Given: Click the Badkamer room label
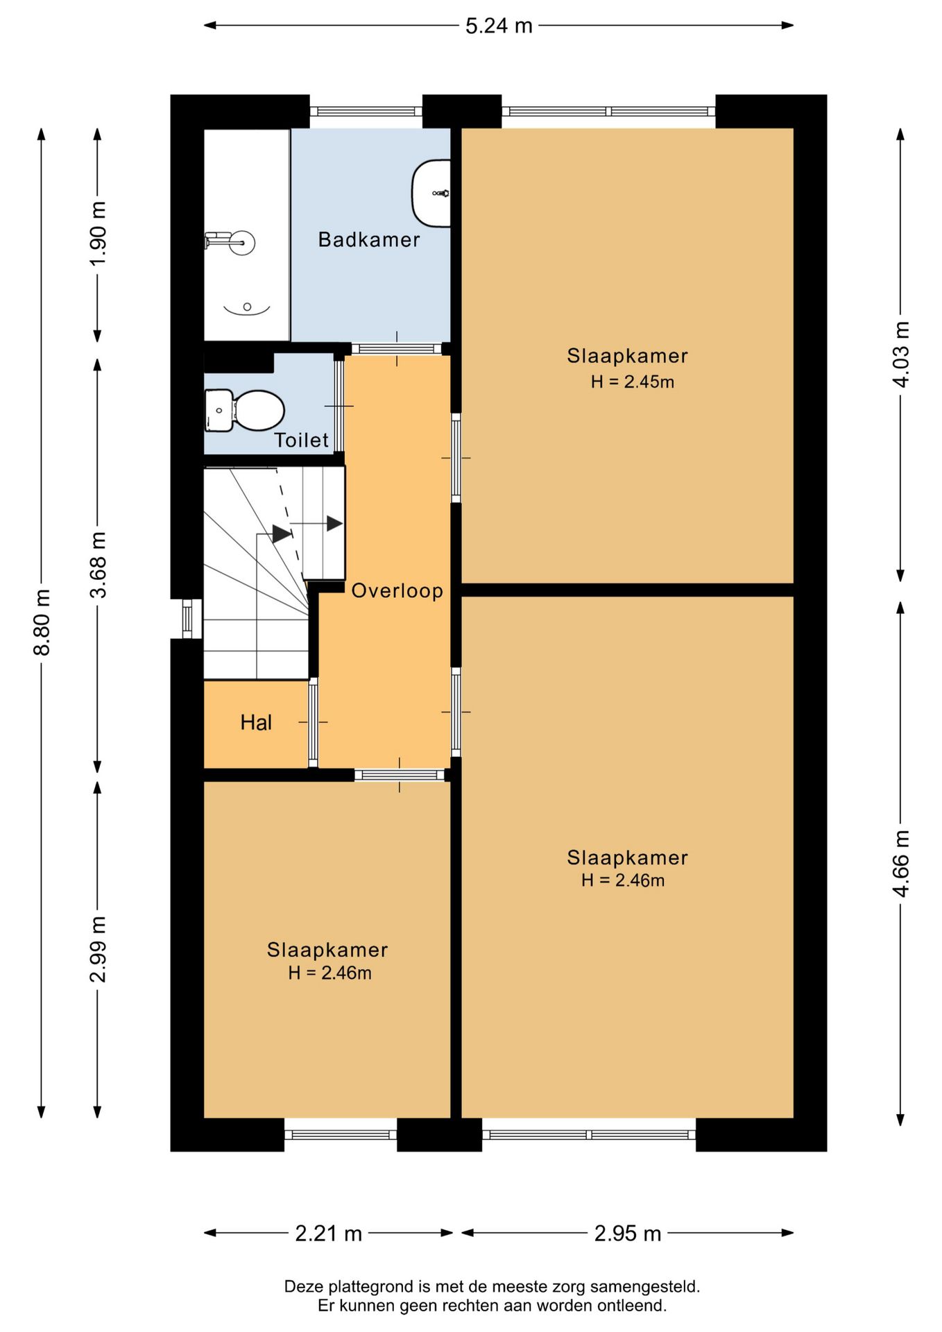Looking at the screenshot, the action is tap(369, 240).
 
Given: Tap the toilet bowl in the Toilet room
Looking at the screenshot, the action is tap(258, 410).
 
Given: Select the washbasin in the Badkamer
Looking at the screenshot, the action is tap(431, 193).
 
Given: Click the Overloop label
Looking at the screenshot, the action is tap(397, 591).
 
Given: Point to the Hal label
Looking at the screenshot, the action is tap(256, 723).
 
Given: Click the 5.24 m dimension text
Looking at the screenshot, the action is tap(499, 26).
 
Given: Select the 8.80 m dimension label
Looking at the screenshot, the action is tap(42, 622).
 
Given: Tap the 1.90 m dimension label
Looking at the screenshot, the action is tap(98, 232).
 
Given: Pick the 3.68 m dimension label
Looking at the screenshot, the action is tap(98, 565).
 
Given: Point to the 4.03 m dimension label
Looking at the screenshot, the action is tap(900, 355).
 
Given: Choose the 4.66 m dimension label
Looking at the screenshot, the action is tap(900, 864).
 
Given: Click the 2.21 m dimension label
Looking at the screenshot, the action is tap(329, 1233).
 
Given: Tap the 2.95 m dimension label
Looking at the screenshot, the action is tap(628, 1233).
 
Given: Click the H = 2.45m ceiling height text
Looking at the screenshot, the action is tap(633, 382).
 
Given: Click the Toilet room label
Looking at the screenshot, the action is tap(301, 440).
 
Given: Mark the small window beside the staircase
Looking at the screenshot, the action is tap(187, 618).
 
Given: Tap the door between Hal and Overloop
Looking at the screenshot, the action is tap(313, 723).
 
